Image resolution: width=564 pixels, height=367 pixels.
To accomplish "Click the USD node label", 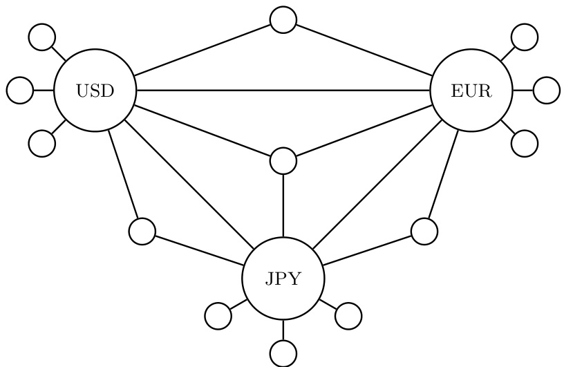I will point(95,91).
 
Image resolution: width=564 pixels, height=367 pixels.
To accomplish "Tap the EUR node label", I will point(471,91).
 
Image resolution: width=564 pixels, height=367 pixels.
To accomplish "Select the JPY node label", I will point(283,279).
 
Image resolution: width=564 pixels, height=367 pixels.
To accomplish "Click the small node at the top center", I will point(283,19).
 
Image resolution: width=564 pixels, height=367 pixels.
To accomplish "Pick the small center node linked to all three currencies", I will point(283,160).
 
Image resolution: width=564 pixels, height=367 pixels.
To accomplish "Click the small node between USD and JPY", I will point(142,231).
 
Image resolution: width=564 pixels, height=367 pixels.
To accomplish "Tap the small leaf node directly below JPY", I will point(283,353).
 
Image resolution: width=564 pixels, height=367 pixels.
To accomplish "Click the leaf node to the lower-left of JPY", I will point(218,316).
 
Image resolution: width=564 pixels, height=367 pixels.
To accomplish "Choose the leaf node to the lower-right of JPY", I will point(348,316).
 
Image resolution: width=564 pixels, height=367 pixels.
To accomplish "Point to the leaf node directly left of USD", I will point(20,91).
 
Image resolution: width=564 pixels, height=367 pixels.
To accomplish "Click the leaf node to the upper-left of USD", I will point(42,37).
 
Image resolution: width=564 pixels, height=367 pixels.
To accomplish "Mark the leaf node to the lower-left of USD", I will point(42,143).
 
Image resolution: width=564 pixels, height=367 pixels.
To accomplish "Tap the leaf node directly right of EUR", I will point(546,91).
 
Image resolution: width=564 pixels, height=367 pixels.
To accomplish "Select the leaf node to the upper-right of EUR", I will point(524,37).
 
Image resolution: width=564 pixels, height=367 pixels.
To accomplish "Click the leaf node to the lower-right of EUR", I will point(524,143).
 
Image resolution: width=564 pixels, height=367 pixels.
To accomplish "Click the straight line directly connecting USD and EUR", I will point(283,91).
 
